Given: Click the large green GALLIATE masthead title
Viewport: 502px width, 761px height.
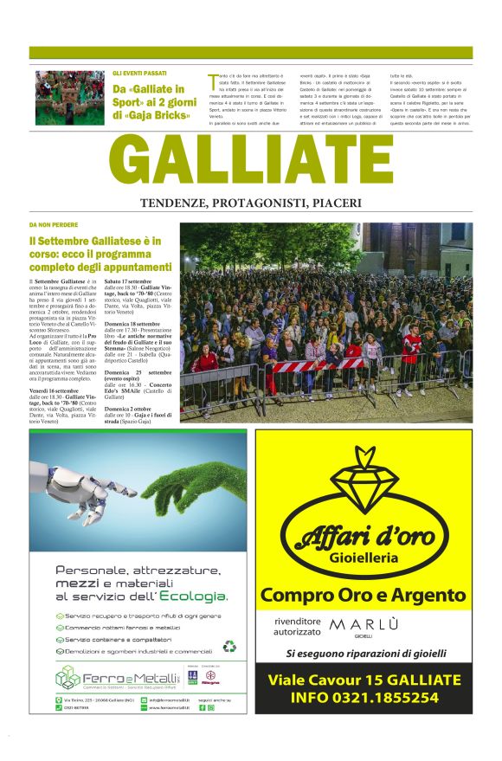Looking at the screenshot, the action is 250,163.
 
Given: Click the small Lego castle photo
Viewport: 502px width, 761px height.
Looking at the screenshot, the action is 69,98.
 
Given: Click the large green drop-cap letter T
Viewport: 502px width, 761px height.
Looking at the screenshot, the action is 212,81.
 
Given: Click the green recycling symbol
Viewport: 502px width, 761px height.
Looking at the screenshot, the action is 228,646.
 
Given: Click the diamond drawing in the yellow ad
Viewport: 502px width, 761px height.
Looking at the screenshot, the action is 364,485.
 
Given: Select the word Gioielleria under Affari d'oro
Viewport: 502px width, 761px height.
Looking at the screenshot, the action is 364,558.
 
